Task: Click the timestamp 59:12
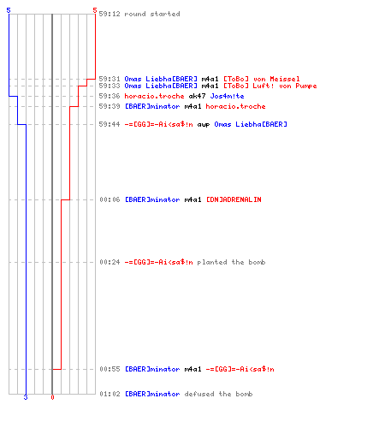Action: [x=110, y=14]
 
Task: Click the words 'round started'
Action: [x=152, y=14]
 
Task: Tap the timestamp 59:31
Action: [x=110, y=79]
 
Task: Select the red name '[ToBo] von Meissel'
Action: [x=262, y=79]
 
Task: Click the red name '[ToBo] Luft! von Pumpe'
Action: [x=270, y=86]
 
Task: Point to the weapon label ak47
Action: [x=197, y=96]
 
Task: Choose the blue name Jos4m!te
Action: [x=227, y=96]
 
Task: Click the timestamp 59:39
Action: [x=110, y=106]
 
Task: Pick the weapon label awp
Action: [x=204, y=125]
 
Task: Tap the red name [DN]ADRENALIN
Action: [x=234, y=199]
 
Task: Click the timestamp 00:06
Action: [x=110, y=199]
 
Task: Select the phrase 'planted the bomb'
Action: [x=231, y=262]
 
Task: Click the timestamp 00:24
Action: [x=110, y=262]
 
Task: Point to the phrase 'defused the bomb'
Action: [x=218, y=394]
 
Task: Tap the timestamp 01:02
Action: [x=110, y=394]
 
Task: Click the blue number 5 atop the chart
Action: [x=9, y=10]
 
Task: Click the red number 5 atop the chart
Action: [x=95, y=10]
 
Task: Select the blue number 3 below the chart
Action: [x=26, y=397]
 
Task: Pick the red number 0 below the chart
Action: [x=52, y=397]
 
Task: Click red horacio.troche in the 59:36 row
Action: [x=154, y=96]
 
